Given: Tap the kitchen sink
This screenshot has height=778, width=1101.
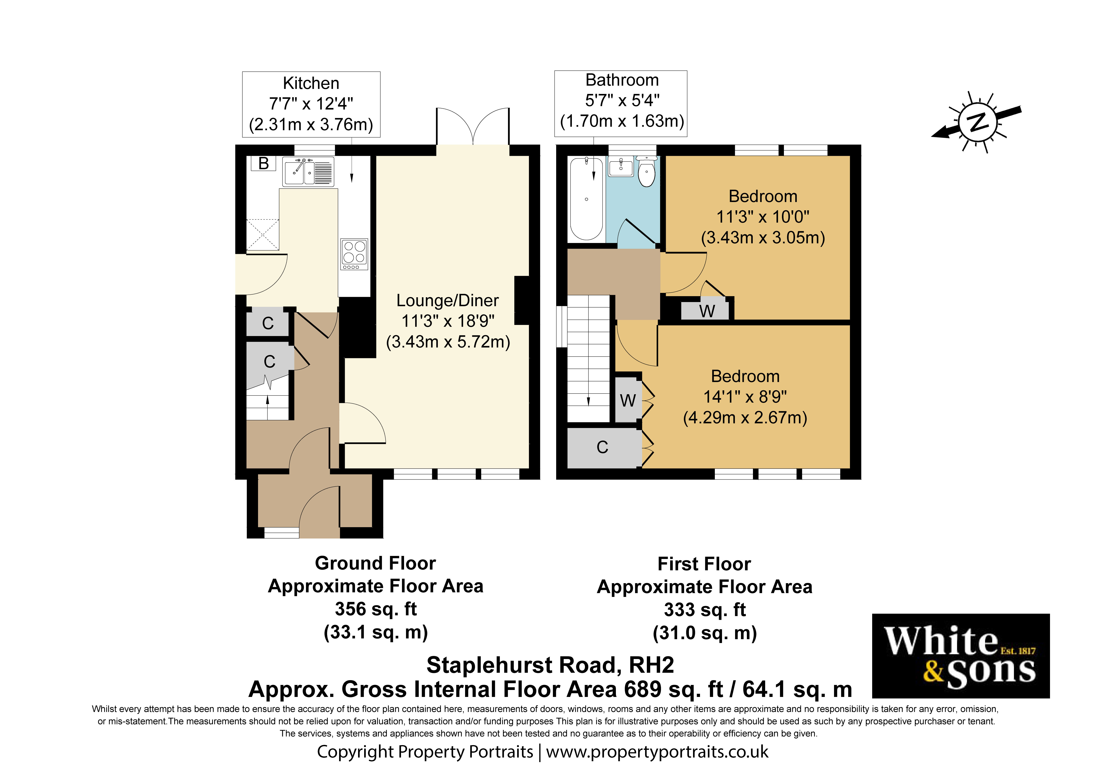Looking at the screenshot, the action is coord(308,171).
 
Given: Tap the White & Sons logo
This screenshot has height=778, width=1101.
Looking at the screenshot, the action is coord(960,656).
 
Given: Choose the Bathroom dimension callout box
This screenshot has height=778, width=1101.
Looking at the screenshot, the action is coord(621,104).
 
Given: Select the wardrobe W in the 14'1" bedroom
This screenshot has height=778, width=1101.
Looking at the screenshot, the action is coord(628,400).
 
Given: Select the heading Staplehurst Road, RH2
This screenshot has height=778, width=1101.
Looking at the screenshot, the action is coord(550,665).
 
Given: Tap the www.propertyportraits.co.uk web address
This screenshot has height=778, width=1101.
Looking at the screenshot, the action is coord(657,752).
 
